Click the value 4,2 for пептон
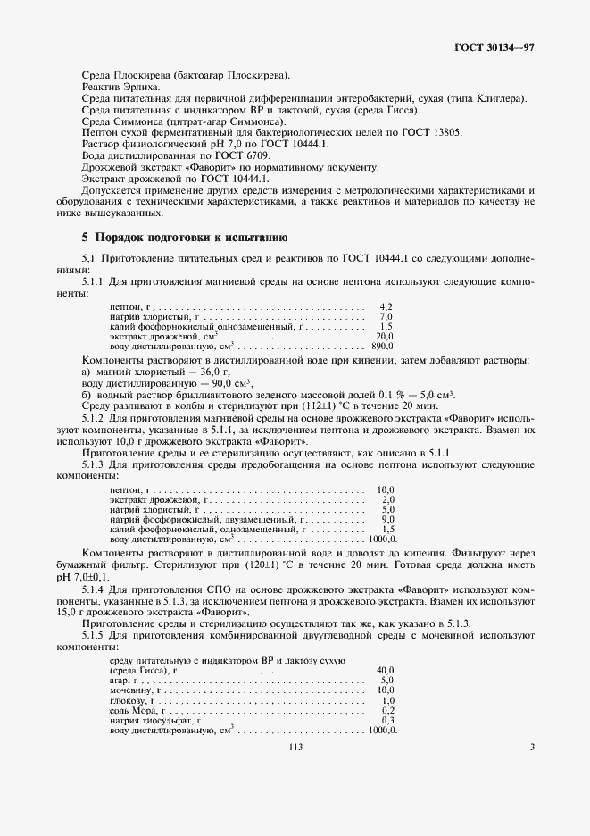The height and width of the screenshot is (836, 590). [x=386, y=305]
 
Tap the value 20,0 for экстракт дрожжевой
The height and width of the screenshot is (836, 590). [x=385, y=336]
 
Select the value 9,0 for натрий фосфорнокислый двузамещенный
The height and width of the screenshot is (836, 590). [x=387, y=519]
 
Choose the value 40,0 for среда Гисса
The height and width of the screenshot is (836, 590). [x=386, y=669]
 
